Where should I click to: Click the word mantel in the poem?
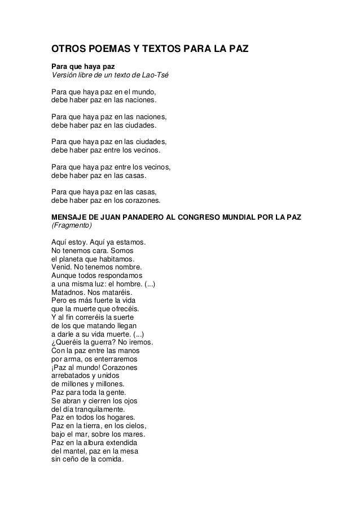tap(73, 451)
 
